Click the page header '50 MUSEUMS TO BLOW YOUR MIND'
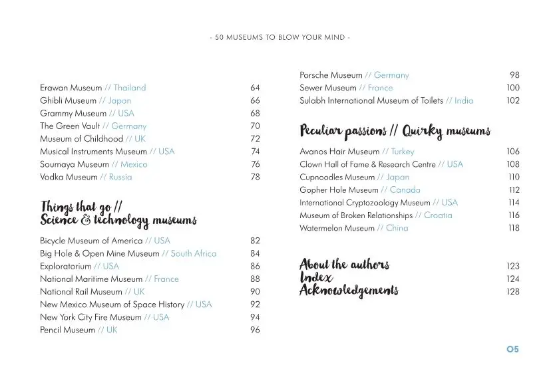[279, 37]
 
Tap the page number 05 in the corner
[512, 349]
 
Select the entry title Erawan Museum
[71, 88]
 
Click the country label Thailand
[129, 88]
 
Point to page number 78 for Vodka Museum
[255, 178]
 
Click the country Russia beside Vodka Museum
[120, 178]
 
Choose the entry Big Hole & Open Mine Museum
[100, 254]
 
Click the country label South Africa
[194, 254]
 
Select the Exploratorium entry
[65, 267]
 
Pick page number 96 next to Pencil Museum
[255, 330]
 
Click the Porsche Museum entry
[331, 75]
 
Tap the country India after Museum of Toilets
[464, 101]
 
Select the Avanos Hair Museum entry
[339, 152]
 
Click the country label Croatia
[438, 215]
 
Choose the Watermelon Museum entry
[337, 228]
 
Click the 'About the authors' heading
[344, 265]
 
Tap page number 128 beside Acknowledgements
[513, 292]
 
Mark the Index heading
[316, 278]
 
